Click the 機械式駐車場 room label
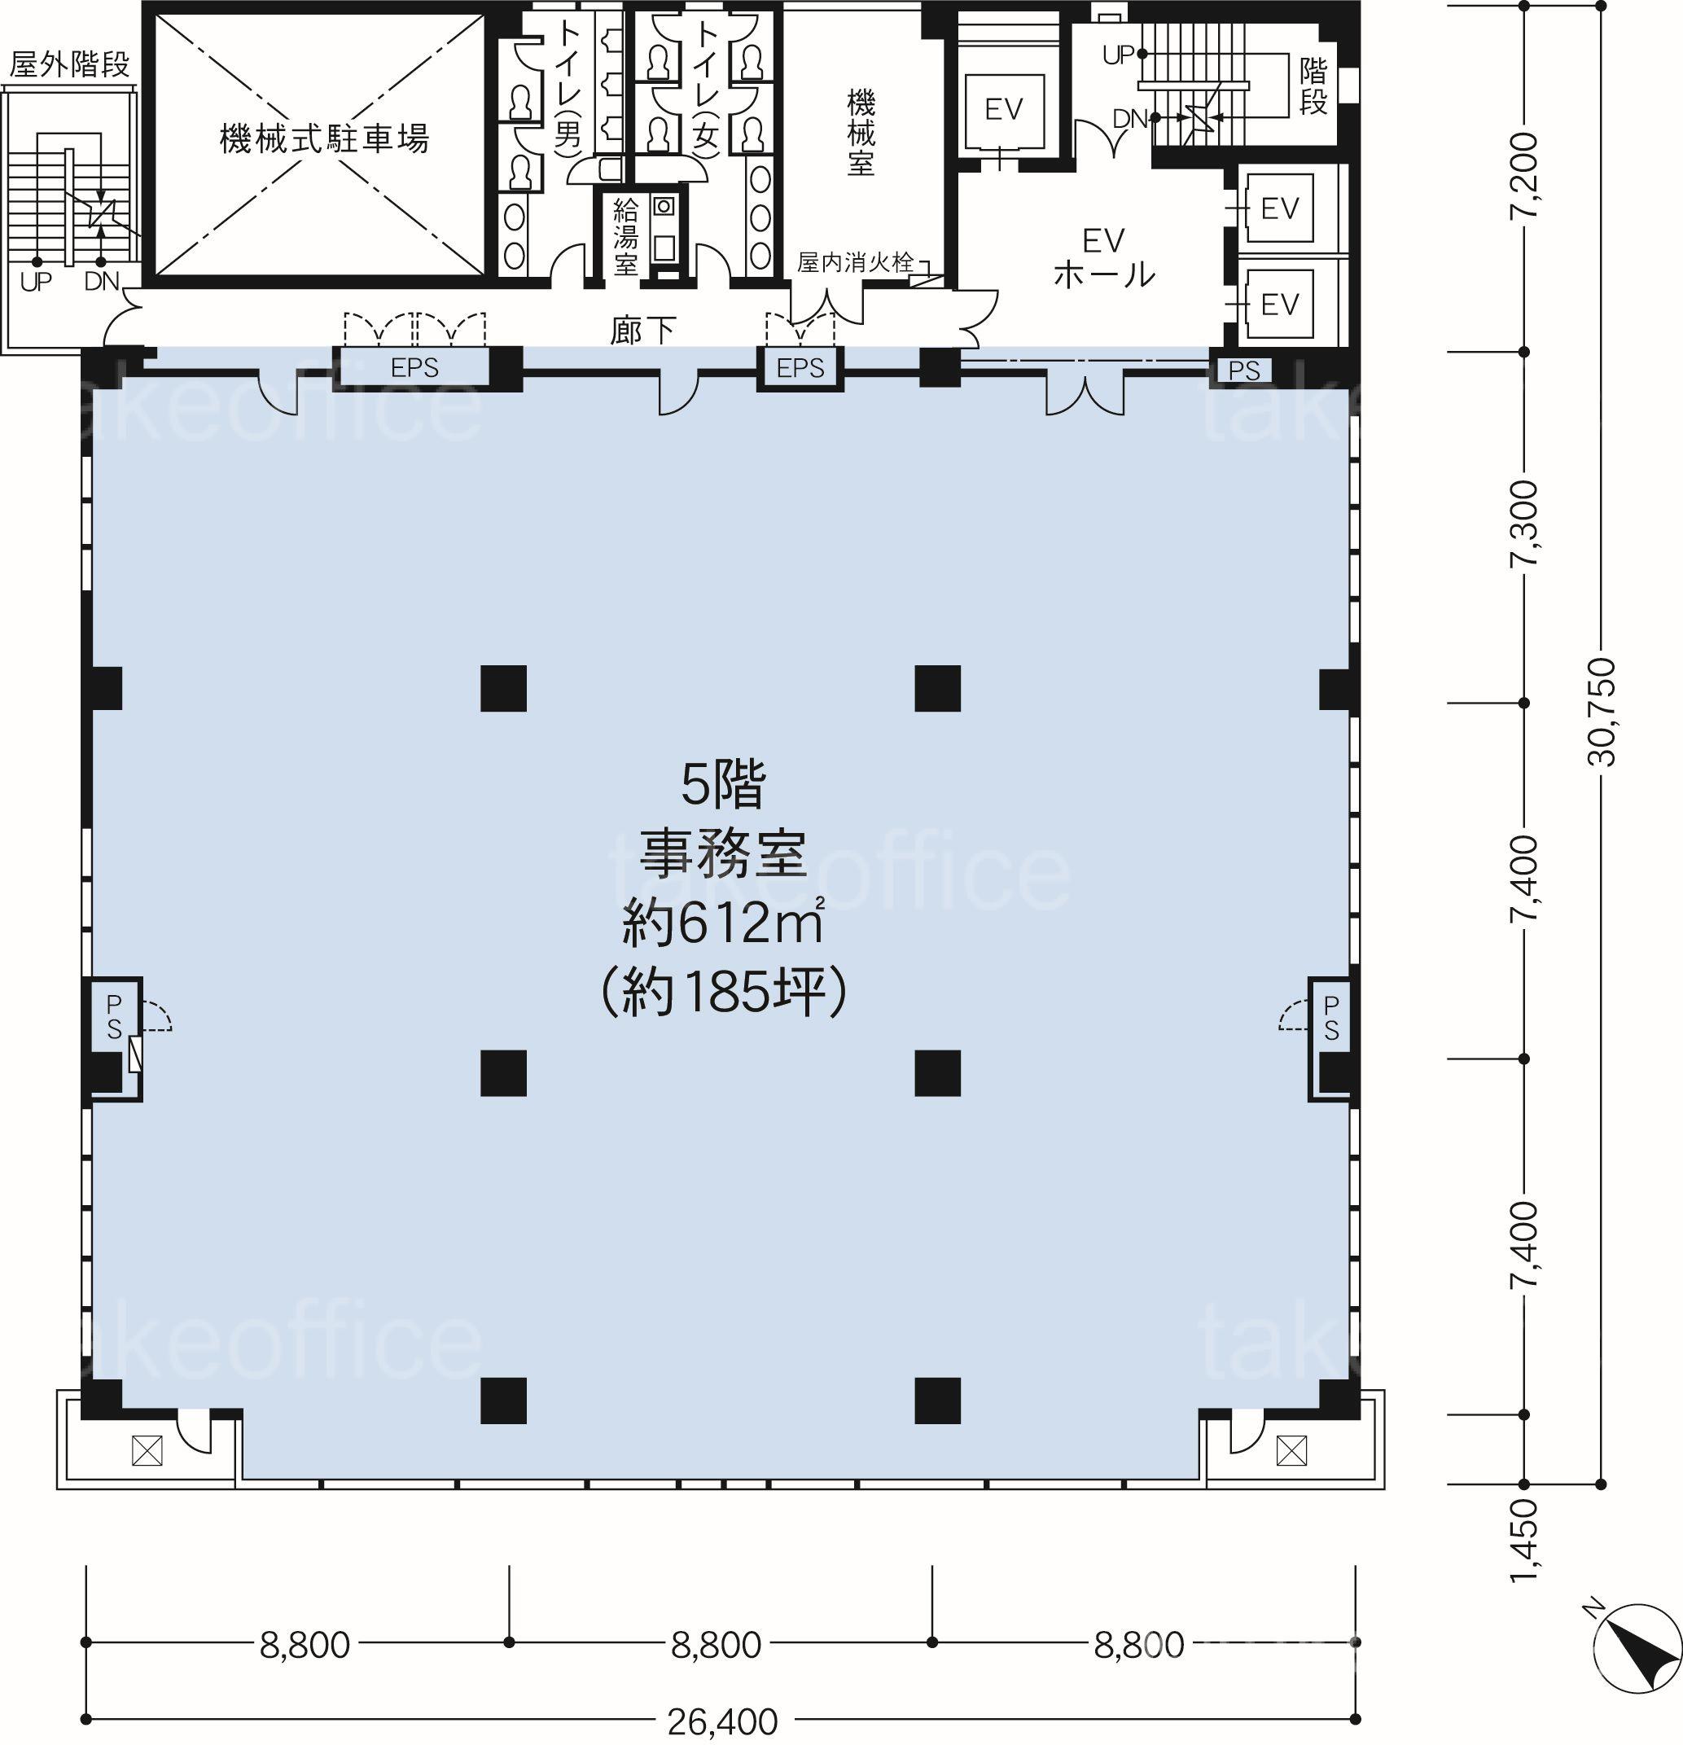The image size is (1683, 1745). tap(324, 139)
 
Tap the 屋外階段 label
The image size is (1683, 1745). tap(70, 64)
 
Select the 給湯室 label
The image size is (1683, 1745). tap(625, 237)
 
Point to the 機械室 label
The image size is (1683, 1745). tap(861, 132)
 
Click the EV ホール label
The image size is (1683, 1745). tap(1104, 258)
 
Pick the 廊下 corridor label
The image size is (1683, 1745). tap(643, 331)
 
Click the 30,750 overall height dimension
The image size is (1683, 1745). tap(1601, 712)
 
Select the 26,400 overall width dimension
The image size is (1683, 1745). tap(722, 1728)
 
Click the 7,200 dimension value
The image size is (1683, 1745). tap(1524, 174)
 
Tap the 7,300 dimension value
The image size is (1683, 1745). tap(1524, 524)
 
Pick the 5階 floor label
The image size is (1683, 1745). tap(723, 785)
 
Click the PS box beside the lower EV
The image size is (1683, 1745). tap(1244, 370)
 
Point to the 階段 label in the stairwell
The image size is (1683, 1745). tap(1313, 85)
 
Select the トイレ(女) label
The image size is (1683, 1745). tap(705, 89)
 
